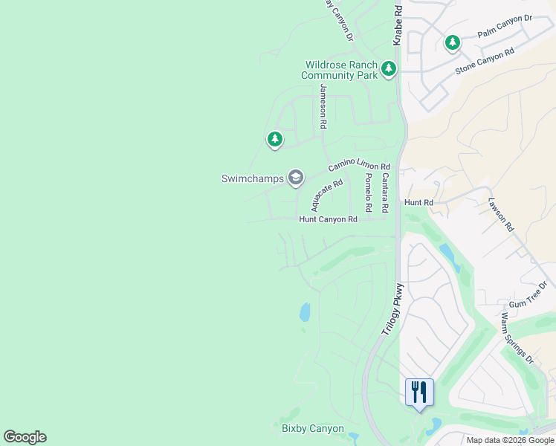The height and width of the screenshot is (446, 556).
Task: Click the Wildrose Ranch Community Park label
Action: click(x=339, y=70)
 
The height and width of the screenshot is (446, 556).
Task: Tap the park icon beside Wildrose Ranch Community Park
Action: click(x=389, y=70)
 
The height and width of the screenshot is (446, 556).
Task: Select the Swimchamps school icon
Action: click(x=296, y=177)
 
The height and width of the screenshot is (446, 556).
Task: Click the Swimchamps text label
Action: click(x=253, y=178)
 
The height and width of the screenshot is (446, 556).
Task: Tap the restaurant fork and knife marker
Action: click(x=418, y=392)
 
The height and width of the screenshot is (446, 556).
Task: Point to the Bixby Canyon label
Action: click(x=313, y=429)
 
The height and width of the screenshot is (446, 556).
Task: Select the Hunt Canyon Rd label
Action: click(x=328, y=219)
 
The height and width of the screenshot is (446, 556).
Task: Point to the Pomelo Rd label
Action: click(x=367, y=191)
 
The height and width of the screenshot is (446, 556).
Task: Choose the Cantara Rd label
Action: click(x=384, y=191)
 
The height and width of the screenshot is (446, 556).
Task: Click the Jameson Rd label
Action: click(x=323, y=107)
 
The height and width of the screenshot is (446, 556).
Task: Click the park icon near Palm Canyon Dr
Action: click(x=453, y=43)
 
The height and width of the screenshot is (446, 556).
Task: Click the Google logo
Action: click(x=25, y=437)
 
